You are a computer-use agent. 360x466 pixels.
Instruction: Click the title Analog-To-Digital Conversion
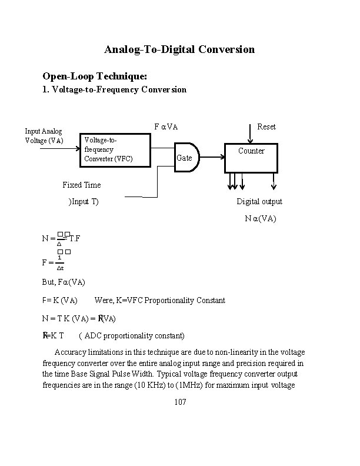click(179, 49)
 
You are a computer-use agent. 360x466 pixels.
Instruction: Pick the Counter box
click(251, 158)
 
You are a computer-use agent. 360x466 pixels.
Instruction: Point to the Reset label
click(266, 127)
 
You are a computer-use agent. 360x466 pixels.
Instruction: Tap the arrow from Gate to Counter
click(212, 157)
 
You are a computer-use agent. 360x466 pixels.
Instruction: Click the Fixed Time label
click(81, 185)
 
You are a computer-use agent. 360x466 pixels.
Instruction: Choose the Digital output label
click(259, 201)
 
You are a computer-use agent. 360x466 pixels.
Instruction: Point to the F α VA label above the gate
click(166, 127)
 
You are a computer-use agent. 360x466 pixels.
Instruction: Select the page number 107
click(180, 402)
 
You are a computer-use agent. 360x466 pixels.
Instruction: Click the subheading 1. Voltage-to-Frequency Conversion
click(115, 89)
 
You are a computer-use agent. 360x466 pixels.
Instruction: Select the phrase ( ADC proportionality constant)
click(132, 335)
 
